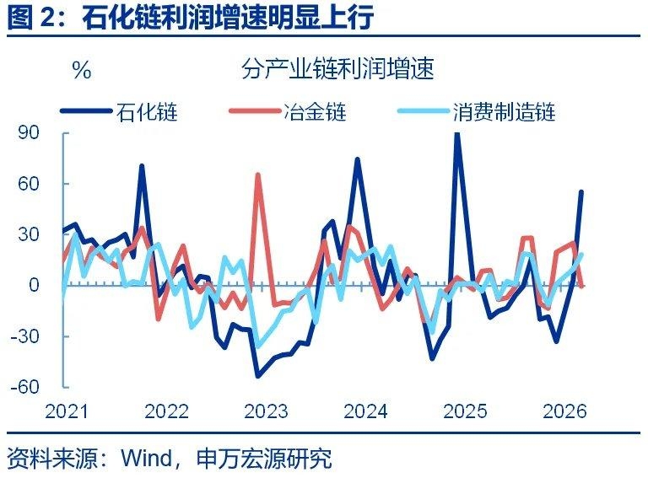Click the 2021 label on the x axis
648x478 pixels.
pyautogui.click(x=67, y=411)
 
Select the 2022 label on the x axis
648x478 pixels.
pyautogui.click(x=166, y=411)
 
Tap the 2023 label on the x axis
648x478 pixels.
pyautogui.click(x=266, y=411)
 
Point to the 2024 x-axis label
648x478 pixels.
pyautogui.click(x=365, y=411)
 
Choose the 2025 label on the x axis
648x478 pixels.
pyautogui.click(x=465, y=411)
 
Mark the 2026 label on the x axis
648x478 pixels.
pyautogui.click(x=564, y=411)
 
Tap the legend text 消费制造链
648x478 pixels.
pyautogui.click(x=504, y=110)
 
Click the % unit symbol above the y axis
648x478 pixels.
pyautogui.click(x=82, y=71)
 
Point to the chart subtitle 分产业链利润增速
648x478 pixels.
pyautogui.click(x=337, y=70)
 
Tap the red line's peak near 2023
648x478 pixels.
pyautogui.click(x=258, y=175)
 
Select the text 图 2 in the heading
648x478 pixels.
pyautogui.click(x=30, y=18)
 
